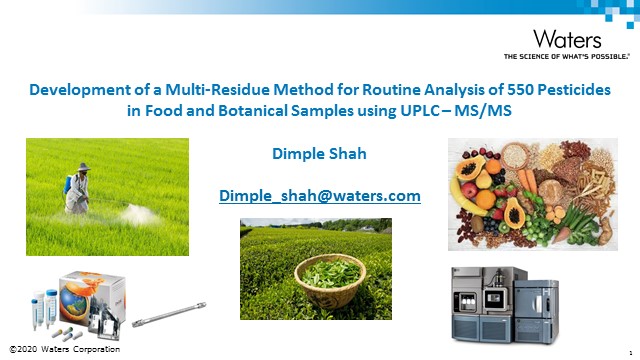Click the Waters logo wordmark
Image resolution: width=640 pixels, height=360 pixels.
coord(568,39)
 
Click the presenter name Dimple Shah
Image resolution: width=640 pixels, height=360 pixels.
coord(319,154)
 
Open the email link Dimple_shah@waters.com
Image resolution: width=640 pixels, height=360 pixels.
coord(319,196)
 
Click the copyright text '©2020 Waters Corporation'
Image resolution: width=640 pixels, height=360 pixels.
coord(64,348)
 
